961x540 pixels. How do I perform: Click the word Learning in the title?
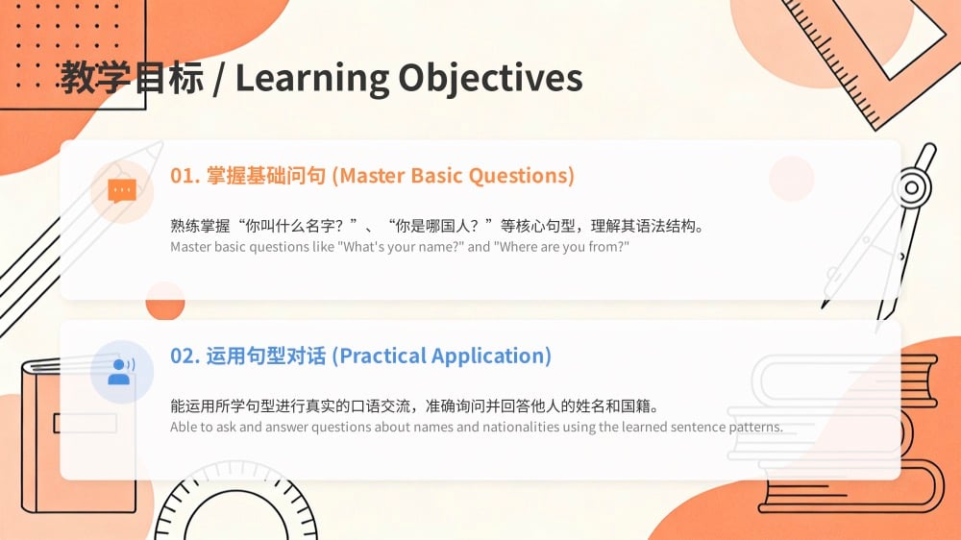coord(312,79)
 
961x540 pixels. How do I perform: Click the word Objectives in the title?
coord(490,79)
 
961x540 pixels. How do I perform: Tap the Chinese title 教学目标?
coord(132,79)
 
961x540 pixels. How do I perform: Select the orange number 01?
coord(185,176)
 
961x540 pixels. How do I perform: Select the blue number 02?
coord(185,356)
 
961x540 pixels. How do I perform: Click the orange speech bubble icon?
coord(122,190)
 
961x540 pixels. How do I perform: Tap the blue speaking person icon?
coord(121,372)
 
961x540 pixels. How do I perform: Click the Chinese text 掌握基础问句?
coord(266,176)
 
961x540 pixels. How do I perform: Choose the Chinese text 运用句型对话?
coord(266,356)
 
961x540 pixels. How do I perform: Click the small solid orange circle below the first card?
coord(165,301)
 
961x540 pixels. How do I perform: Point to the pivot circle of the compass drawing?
coord(912,187)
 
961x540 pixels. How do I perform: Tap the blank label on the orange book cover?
coord(86,423)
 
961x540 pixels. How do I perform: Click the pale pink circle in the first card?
coord(792,179)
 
